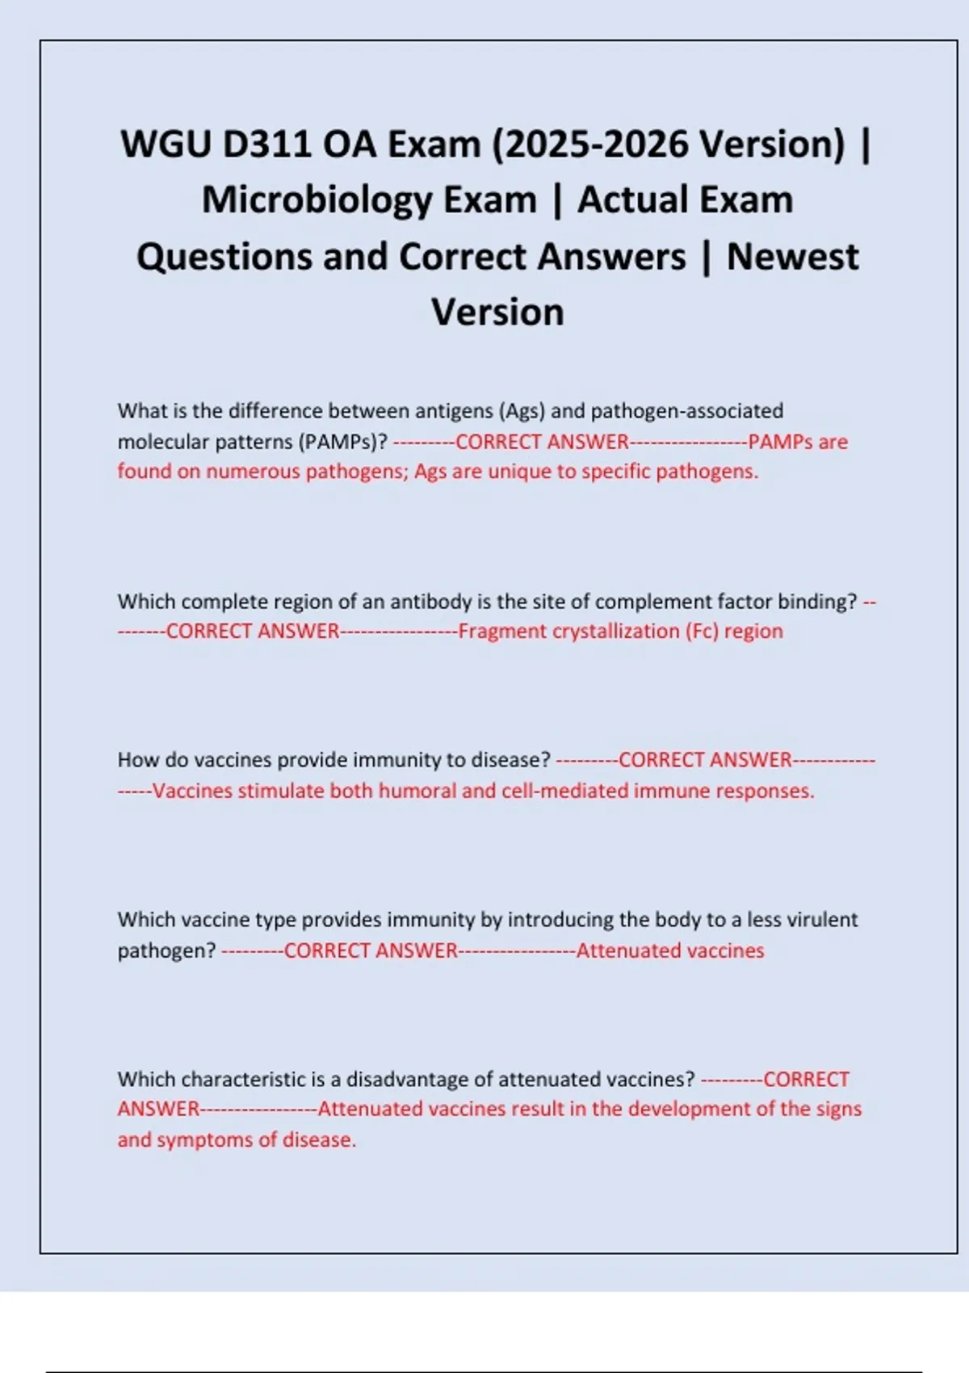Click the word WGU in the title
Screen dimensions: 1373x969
(165, 145)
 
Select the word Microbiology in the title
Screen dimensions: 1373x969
(369, 200)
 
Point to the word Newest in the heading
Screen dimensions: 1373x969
(792, 257)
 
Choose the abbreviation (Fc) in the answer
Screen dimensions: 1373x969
(702, 632)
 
